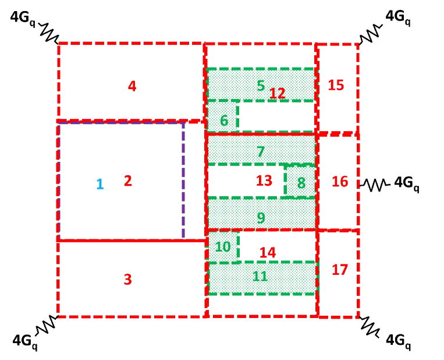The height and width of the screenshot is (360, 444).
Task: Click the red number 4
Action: [132, 86]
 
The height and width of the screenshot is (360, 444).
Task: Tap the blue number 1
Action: [100, 184]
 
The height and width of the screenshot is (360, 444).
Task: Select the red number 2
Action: [128, 181]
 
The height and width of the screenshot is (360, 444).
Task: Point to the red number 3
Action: [127, 280]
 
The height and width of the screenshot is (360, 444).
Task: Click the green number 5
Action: [261, 86]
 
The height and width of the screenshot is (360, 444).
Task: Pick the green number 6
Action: [224, 121]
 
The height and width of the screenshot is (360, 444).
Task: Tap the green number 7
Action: [261, 152]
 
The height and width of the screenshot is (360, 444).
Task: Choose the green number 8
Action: [301, 183]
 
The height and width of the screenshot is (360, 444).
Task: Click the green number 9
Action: [261, 218]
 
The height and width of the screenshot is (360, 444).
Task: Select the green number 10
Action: [223, 246]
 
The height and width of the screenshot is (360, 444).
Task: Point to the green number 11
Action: [260, 276]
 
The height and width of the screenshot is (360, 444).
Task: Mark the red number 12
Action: [277, 93]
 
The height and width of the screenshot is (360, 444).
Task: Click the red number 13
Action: [264, 181]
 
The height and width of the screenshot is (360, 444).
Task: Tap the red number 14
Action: [267, 253]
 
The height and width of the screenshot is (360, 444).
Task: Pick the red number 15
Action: [336, 85]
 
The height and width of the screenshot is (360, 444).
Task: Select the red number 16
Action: [340, 182]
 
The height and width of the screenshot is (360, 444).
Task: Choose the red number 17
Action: [340, 270]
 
